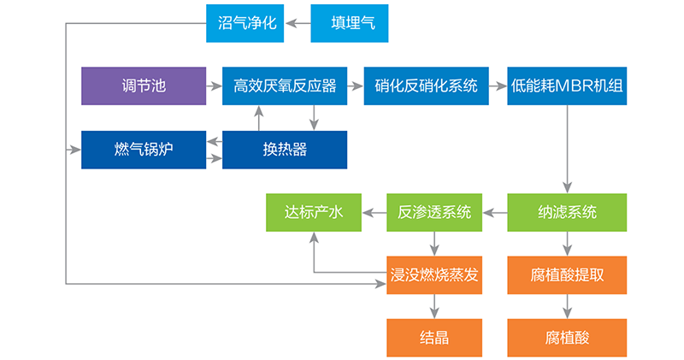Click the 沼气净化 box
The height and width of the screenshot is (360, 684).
click(245, 23)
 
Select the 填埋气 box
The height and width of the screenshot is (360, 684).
click(350, 23)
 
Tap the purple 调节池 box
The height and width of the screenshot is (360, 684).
click(144, 86)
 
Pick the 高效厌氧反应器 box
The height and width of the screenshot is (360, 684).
click(285, 86)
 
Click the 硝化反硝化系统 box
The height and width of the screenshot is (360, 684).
click(426, 86)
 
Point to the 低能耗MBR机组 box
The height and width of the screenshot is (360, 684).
click(567, 86)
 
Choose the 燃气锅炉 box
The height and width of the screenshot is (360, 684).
click(144, 150)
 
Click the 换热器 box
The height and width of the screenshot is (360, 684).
click(285, 150)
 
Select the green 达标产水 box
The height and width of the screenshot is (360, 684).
click(314, 213)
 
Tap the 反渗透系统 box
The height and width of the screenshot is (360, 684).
click(434, 213)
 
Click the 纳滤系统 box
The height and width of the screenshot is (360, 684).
click(567, 213)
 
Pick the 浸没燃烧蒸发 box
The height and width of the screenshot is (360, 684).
click(434, 275)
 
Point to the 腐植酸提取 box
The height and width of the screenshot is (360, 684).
click(567, 275)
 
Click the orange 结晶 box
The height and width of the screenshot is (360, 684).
click(434, 338)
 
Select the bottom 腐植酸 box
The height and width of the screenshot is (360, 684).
click(567, 338)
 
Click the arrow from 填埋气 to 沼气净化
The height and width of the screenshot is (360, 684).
click(298, 23)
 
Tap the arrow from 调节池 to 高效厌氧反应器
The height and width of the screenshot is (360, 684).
click(215, 86)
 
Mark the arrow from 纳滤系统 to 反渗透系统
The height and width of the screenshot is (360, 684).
click(495, 213)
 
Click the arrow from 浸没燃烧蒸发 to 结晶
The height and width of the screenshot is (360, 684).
click(434, 306)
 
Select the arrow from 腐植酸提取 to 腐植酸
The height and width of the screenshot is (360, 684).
click(567, 306)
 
